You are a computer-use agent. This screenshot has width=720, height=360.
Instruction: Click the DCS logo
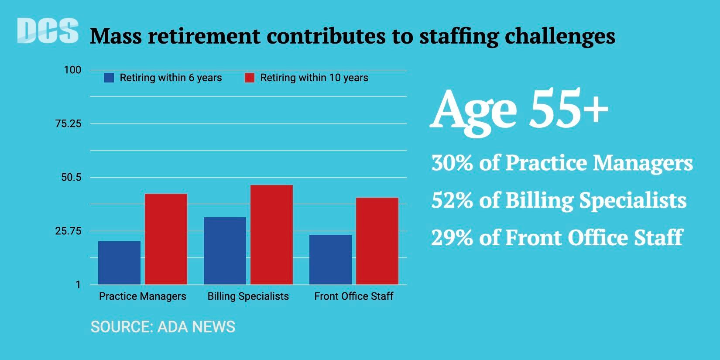point(48,31)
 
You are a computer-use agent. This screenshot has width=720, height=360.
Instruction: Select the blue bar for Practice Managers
point(119,263)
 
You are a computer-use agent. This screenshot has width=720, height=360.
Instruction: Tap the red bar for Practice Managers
point(166,239)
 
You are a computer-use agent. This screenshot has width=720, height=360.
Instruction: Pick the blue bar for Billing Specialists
point(225,250)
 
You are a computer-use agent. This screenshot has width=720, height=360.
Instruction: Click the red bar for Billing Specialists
point(271,234)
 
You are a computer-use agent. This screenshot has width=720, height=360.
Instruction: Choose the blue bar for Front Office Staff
point(330,259)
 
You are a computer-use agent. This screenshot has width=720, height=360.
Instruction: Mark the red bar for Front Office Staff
point(377,241)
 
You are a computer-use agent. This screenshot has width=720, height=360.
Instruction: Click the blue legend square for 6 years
point(109,78)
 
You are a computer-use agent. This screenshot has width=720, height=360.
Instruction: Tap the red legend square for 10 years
point(249,78)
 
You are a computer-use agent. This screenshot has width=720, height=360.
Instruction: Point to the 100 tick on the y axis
point(72,70)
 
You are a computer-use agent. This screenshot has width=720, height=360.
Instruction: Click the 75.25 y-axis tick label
point(68,124)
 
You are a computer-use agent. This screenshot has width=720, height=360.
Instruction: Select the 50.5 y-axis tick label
point(71,177)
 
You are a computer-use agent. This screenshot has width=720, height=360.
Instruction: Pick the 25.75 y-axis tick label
point(68,231)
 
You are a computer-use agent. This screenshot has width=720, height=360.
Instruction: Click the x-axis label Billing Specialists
point(248,296)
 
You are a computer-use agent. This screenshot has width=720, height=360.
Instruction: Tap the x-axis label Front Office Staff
point(353,296)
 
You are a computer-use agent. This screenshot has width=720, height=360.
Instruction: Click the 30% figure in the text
point(452,163)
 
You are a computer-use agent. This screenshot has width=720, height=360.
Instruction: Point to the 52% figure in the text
point(452,200)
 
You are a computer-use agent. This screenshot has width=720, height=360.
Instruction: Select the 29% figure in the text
point(452,238)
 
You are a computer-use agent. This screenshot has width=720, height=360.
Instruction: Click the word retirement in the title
point(204,36)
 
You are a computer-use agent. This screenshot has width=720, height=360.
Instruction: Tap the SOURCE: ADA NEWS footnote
point(163,327)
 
